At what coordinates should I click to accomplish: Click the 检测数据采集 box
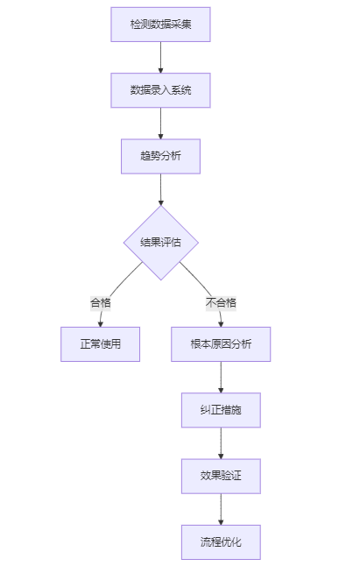[x=160, y=25]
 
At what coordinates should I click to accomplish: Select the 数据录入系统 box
[x=160, y=90]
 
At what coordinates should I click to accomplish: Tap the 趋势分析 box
[x=160, y=157]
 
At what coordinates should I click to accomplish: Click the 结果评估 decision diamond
[x=160, y=243]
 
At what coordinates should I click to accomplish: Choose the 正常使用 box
[x=100, y=344]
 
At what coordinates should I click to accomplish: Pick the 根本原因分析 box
[x=221, y=344]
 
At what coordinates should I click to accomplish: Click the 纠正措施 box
[x=221, y=410]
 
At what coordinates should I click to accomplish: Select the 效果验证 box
[x=221, y=477]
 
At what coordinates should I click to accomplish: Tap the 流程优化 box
[x=221, y=542]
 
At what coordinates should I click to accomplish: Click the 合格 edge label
[x=101, y=302]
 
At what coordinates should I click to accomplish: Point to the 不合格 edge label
[x=221, y=302]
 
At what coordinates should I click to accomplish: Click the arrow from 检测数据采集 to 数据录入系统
[x=160, y=57]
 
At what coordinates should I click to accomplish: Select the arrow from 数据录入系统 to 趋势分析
[x=160, y=124]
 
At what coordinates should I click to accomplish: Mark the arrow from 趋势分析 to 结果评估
[x=160, y=189]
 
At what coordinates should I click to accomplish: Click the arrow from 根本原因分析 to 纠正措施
[x=221, y=377]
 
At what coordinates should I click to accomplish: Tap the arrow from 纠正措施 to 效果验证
[x=221, y=443]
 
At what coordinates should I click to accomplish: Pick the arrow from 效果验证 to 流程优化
[x=221, y=509]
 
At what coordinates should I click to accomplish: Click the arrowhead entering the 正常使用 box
[x=100, y=323]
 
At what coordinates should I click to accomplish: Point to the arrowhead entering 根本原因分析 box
[x=221, y=323]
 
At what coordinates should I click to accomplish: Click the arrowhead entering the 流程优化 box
[x=221, y=521]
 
